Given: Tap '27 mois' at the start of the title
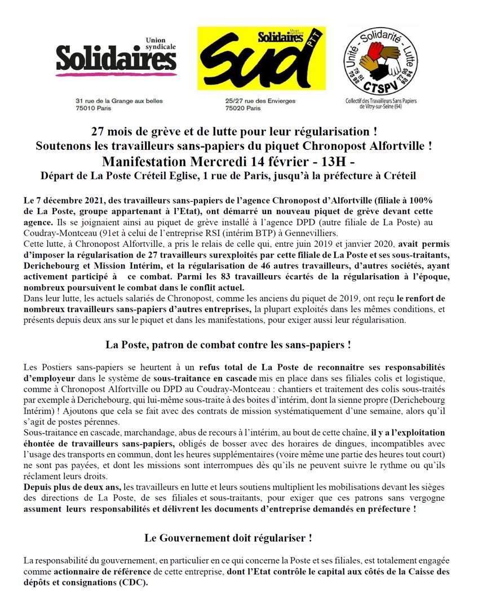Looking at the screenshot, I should pos(110,132).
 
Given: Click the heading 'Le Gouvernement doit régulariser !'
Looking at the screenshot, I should pos(228,538).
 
